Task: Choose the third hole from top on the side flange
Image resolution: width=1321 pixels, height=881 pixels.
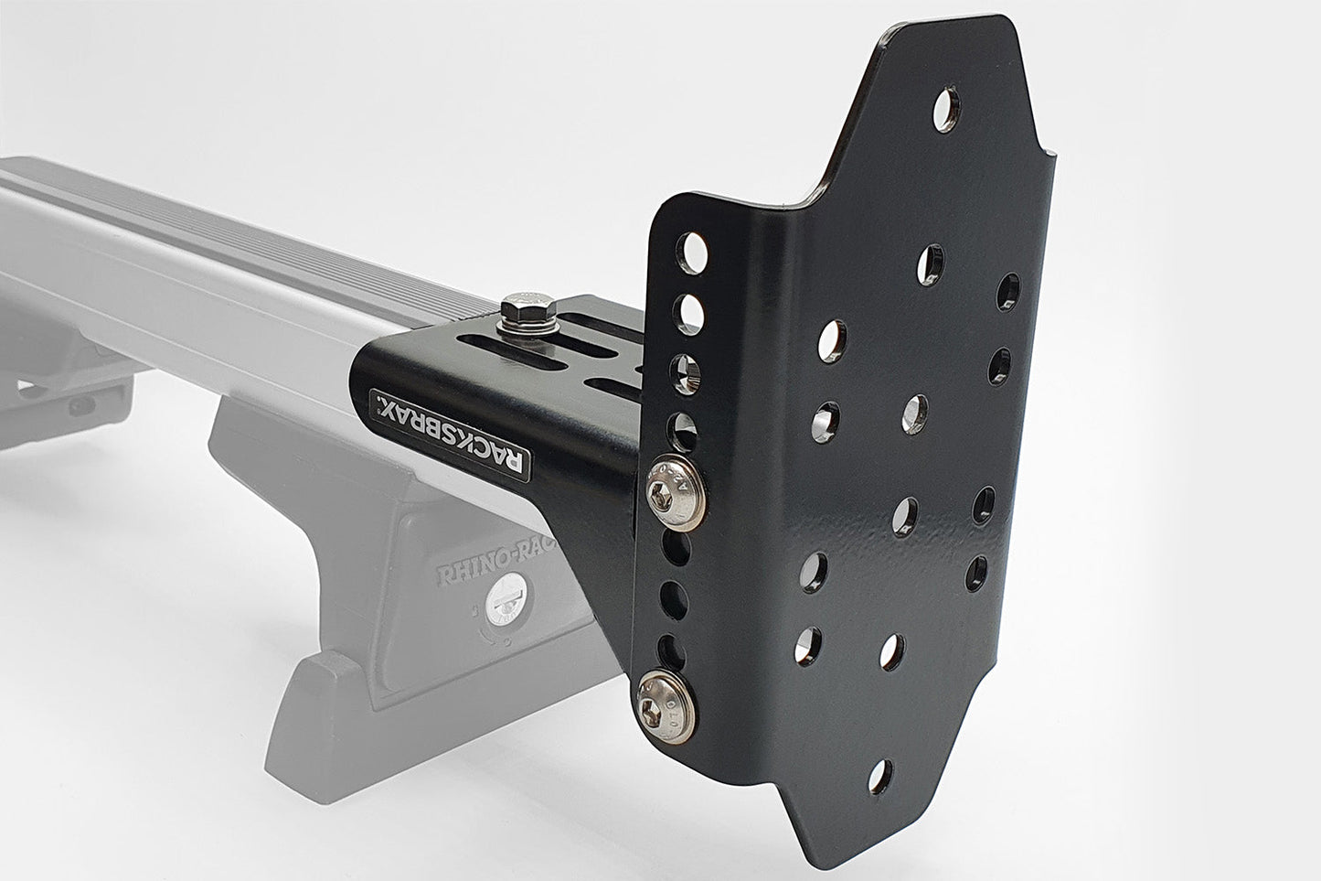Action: click(687, 371)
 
